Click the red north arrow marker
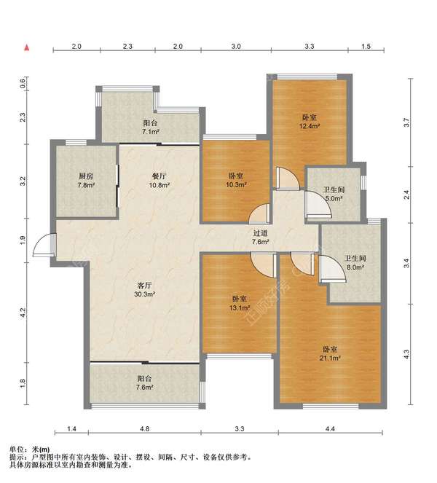coord(27,47)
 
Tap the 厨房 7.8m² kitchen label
coord(86,181)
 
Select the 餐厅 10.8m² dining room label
coord(160,181)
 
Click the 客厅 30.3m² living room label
coord(144,289)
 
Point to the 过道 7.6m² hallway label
coord(261,237)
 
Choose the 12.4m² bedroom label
coord(310,122)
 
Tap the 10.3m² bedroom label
coord(236,180)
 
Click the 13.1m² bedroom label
coord(240,303)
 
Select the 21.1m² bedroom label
coord(330,353)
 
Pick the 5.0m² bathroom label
coord(334,194)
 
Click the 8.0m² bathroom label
coord(355,263)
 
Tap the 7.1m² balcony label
coord(150,127)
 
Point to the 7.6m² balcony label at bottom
coord(144,382)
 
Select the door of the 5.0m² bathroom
coord(318,205)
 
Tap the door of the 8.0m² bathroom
coord(332,269)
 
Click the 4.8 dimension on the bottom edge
coord(144,428)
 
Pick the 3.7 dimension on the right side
coord(406,122)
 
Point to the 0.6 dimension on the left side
coord(23,84)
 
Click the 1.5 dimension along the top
coord(366,47)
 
